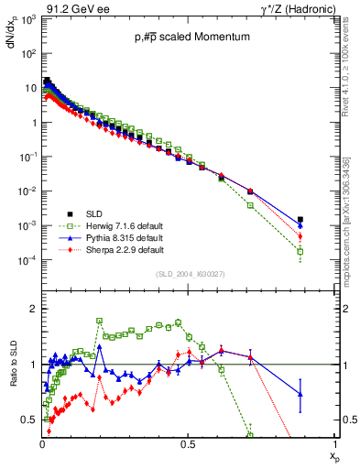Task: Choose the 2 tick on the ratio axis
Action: click(32, 310)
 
